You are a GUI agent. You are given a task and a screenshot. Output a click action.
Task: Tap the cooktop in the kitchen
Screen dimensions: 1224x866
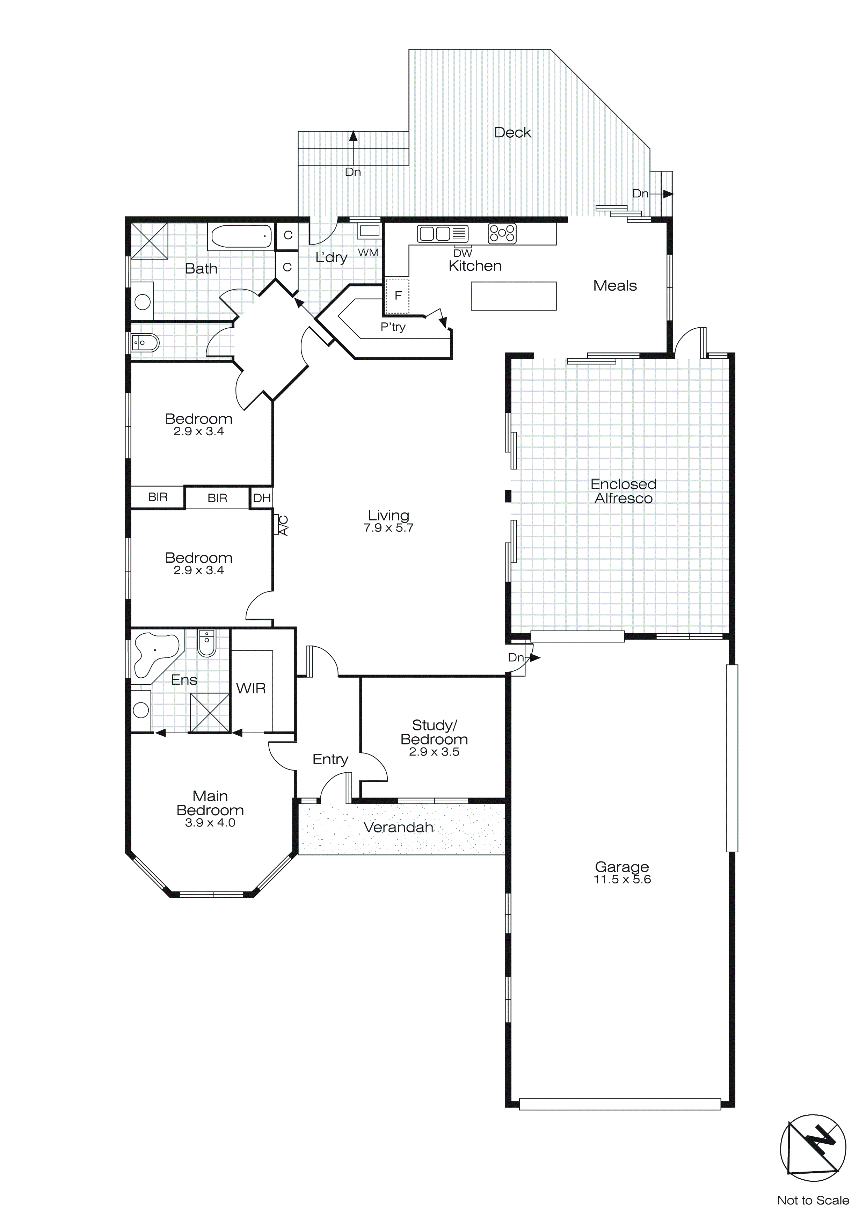pyautogui.click(x=502, y=233)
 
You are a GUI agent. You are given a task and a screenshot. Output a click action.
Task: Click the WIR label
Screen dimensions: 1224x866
pyautogui.click(x=250, y=688)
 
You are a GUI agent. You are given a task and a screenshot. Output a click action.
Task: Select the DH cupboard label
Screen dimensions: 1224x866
pyautogui.click(x=262, y=498)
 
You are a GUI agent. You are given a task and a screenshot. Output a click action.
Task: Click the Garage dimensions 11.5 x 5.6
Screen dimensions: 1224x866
pyautogui.click(x=622, y=880)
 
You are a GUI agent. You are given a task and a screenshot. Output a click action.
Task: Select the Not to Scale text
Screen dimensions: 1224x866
pyautogui.click(x=813, y=1200)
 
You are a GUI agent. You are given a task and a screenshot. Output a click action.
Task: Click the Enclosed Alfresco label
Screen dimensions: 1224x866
pyautogui.click(x=623, y=491)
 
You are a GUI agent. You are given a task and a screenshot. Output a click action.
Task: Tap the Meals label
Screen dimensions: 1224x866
pyautogui.click(x=615, y=286)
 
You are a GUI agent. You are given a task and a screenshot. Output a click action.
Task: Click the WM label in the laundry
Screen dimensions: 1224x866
pyautogui.click(x=368, y=252)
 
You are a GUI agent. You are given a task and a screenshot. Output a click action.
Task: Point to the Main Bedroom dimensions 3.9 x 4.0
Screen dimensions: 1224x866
pyautogui.click(x=210, y=823)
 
